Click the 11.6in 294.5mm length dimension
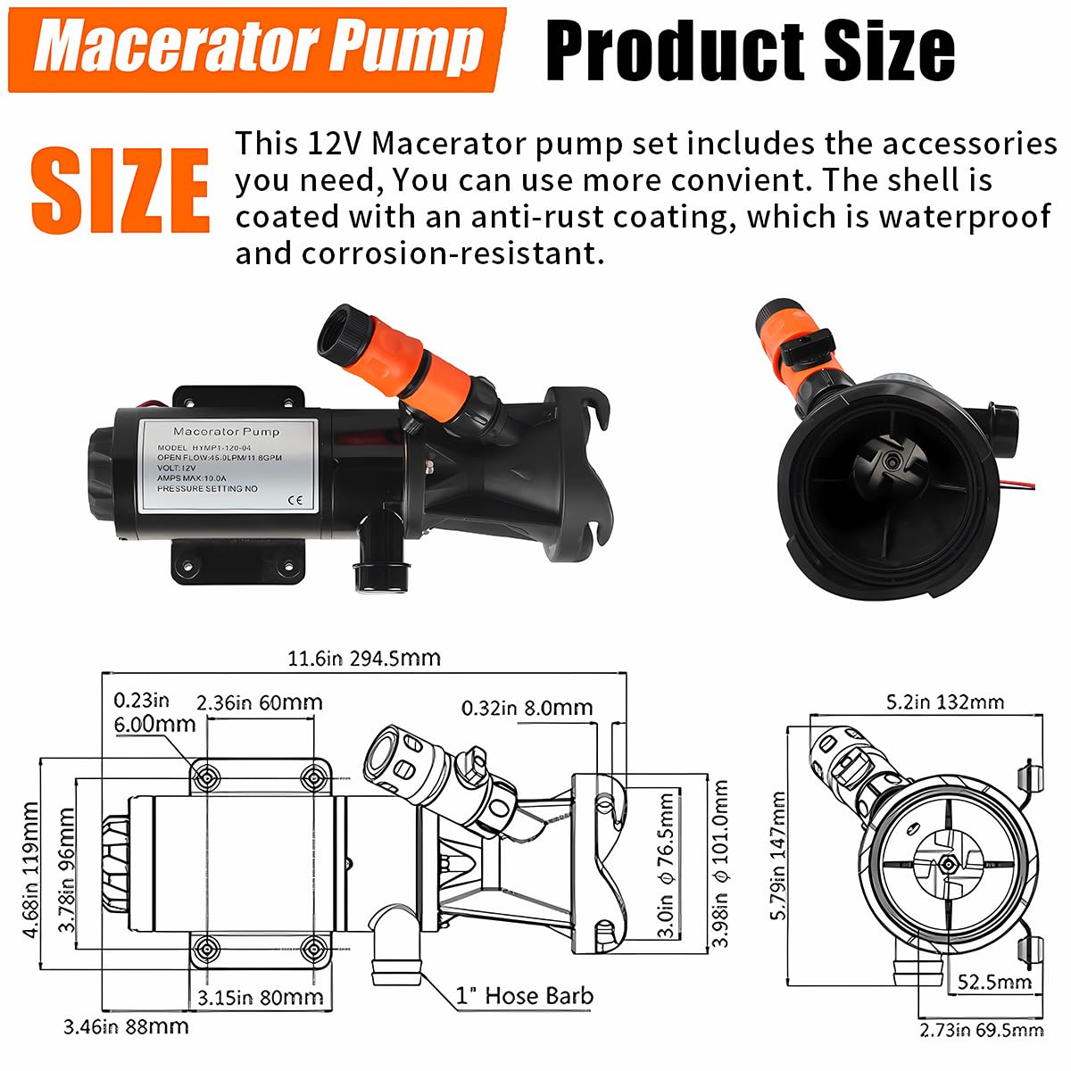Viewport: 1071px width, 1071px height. [363, 659]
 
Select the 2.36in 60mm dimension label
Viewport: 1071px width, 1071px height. [259, 702]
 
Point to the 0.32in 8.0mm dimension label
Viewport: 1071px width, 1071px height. [527, 708]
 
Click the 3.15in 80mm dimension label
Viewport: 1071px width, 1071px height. [260, 997]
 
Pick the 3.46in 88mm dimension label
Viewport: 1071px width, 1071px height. [126, 1027]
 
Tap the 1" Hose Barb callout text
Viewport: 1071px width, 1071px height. [524, 996]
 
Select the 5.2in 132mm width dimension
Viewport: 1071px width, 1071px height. [944, 702]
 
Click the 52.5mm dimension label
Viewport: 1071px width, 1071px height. [994, 983]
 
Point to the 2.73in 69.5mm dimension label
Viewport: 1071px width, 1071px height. [981, 1030]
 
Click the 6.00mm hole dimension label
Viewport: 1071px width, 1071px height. [154, 724]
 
